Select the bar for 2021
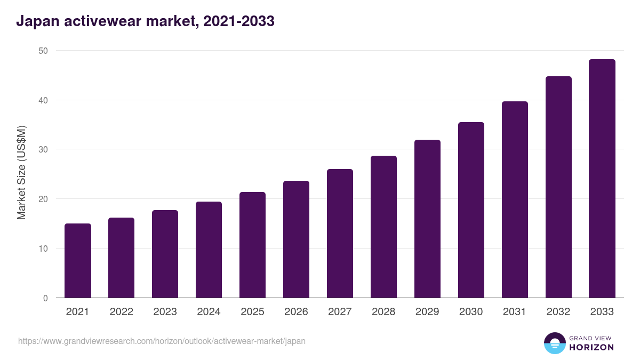(x=78, y=261)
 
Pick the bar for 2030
(x=471, y=210)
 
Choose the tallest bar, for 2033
(x=602, y=179)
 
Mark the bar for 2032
(x=558, y=187)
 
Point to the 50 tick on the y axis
(x=43, y=51)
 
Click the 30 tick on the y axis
(x=43, y=150)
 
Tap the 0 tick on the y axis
(x=45, y=298)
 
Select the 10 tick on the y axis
(x=43, y=249)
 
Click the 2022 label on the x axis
(x=122, y=312)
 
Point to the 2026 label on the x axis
(x=296, y=312)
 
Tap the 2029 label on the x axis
(x=427, y=312)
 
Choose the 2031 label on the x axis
(x=515, y=312)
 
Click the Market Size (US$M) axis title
(x=21, y=173)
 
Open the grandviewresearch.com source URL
(x=162, y=341)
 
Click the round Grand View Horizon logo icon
(x=555, y=343)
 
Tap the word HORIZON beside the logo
(x=591, y=347)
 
